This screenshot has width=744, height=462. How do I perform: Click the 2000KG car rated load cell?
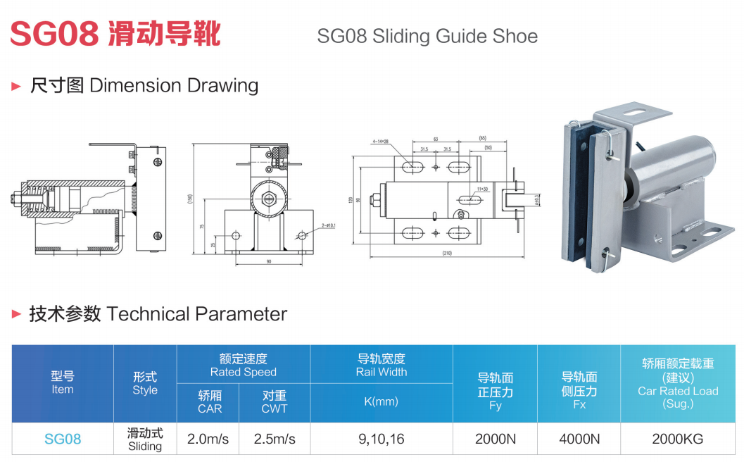(677, 439)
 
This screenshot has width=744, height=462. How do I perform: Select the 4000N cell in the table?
(579, 439)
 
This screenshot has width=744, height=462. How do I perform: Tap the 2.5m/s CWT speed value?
(275, 439)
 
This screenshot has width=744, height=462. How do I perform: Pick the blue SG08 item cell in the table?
(63, 439)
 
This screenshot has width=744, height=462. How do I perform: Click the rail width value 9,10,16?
(382, 439)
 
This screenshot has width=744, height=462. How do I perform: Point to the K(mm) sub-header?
(382, 401)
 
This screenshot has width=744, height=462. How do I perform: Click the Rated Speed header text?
(243, 372)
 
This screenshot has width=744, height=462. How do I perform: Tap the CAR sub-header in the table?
(210, 408)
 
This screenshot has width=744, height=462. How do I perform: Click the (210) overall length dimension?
(446, 253)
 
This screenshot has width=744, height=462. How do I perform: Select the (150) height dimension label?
(191, 198)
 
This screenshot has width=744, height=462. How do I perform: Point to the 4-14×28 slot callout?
(381, 141)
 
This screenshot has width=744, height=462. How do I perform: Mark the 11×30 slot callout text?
(482, 189)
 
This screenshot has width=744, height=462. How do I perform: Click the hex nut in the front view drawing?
(268, 199)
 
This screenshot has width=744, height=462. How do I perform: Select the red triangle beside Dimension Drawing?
(16, 86)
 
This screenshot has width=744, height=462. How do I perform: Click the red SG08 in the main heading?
(54, 32)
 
